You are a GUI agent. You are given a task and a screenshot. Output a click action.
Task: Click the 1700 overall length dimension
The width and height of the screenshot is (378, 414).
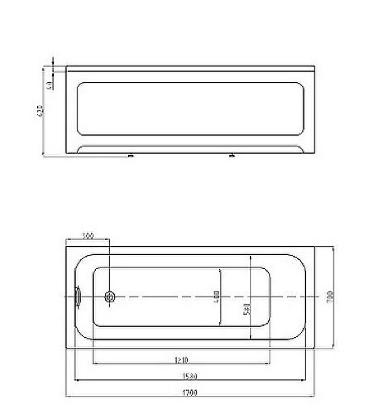(191, 392)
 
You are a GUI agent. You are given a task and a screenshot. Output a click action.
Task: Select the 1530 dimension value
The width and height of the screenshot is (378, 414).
(191, 376)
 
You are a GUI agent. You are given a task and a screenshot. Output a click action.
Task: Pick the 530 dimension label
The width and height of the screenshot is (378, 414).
(247, 309)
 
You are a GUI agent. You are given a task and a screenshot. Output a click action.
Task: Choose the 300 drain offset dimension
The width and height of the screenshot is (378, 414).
(87, 236)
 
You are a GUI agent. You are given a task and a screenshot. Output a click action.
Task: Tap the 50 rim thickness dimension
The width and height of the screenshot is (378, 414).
(49, 85)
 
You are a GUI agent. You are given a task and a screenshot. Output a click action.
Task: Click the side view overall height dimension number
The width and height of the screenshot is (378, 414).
(40, 111)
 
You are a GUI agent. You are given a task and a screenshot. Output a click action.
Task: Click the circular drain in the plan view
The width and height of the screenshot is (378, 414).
(110, 297)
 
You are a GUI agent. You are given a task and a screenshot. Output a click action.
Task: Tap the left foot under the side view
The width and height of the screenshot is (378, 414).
(130, 155)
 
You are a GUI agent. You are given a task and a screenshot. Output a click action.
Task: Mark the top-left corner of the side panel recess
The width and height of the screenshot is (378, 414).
(79, 83)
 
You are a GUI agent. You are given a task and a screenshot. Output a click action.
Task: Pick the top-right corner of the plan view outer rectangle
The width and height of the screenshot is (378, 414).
(315, 246)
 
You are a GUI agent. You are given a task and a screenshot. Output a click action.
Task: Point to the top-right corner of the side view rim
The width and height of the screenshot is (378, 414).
(314, 66)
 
